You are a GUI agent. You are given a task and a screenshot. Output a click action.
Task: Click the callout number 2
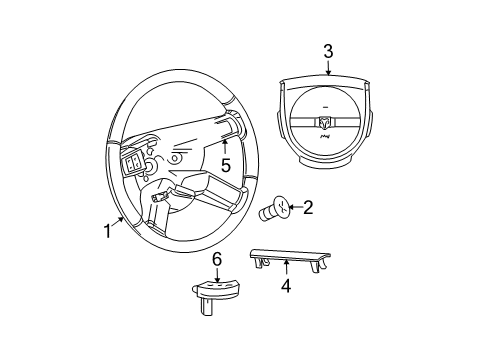(309, 208)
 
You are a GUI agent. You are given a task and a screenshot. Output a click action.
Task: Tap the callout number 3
(327, 50)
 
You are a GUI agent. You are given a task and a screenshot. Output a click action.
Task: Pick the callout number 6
(216, 260)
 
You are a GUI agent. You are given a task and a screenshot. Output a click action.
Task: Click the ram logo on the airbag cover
(326, 124)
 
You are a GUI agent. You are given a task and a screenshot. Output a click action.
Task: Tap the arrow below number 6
(216, 274)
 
